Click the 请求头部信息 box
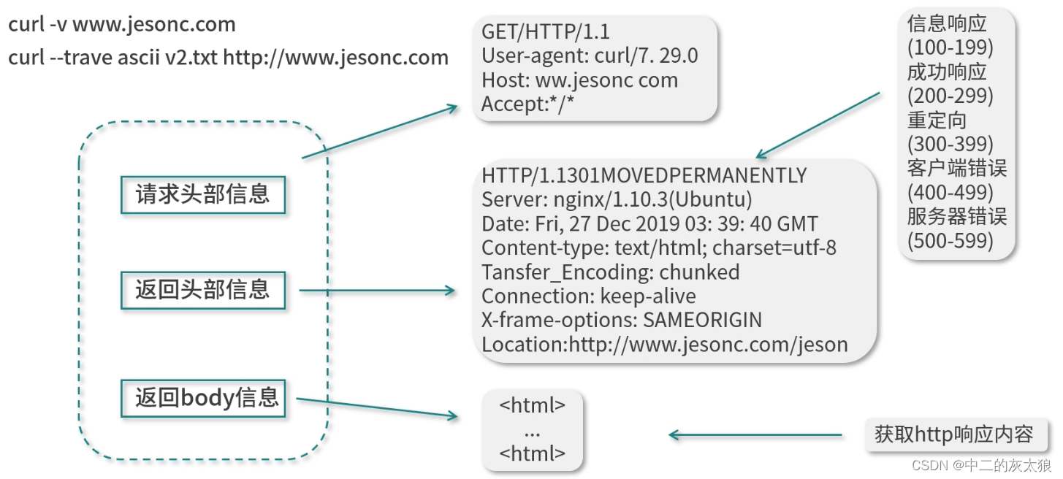(x=202, y=194)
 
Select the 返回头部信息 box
(x=202, y=290)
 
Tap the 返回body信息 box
(x=202, y=398)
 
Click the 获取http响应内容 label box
(x=953, y=434)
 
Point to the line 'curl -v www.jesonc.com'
(x=122, y=25)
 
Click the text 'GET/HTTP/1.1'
(x=545, y=32)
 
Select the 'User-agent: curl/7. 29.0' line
(x=590, y=56)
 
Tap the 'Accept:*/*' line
(x=527, y=104)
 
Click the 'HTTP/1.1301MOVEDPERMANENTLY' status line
(x=644, y=176)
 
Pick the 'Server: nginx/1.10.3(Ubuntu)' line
(x=617, y=199)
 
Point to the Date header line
(x=649, y=223)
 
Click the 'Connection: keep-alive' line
(x=588, y=296)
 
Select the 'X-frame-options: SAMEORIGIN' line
(x=621, y=320)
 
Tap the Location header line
(x=664, y=344)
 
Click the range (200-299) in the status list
(x=950, y=96)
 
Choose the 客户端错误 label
(x=956, y=169)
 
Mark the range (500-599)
(x=950, y=240)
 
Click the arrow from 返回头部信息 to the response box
(x=376, y=291)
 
